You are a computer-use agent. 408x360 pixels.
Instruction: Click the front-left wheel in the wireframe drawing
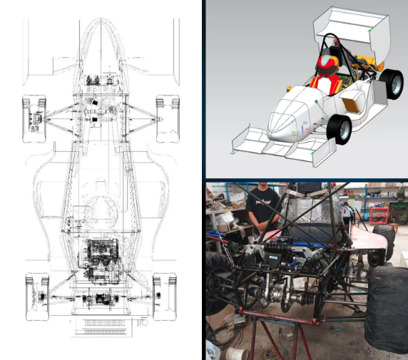(34, 115)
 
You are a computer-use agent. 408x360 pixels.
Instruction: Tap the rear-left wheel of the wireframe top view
(36, 296)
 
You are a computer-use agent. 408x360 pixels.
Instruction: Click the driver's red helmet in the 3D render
(326, 66)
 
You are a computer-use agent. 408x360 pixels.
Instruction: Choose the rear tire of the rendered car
(390, 83)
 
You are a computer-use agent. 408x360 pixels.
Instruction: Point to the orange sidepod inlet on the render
(351, 104)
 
